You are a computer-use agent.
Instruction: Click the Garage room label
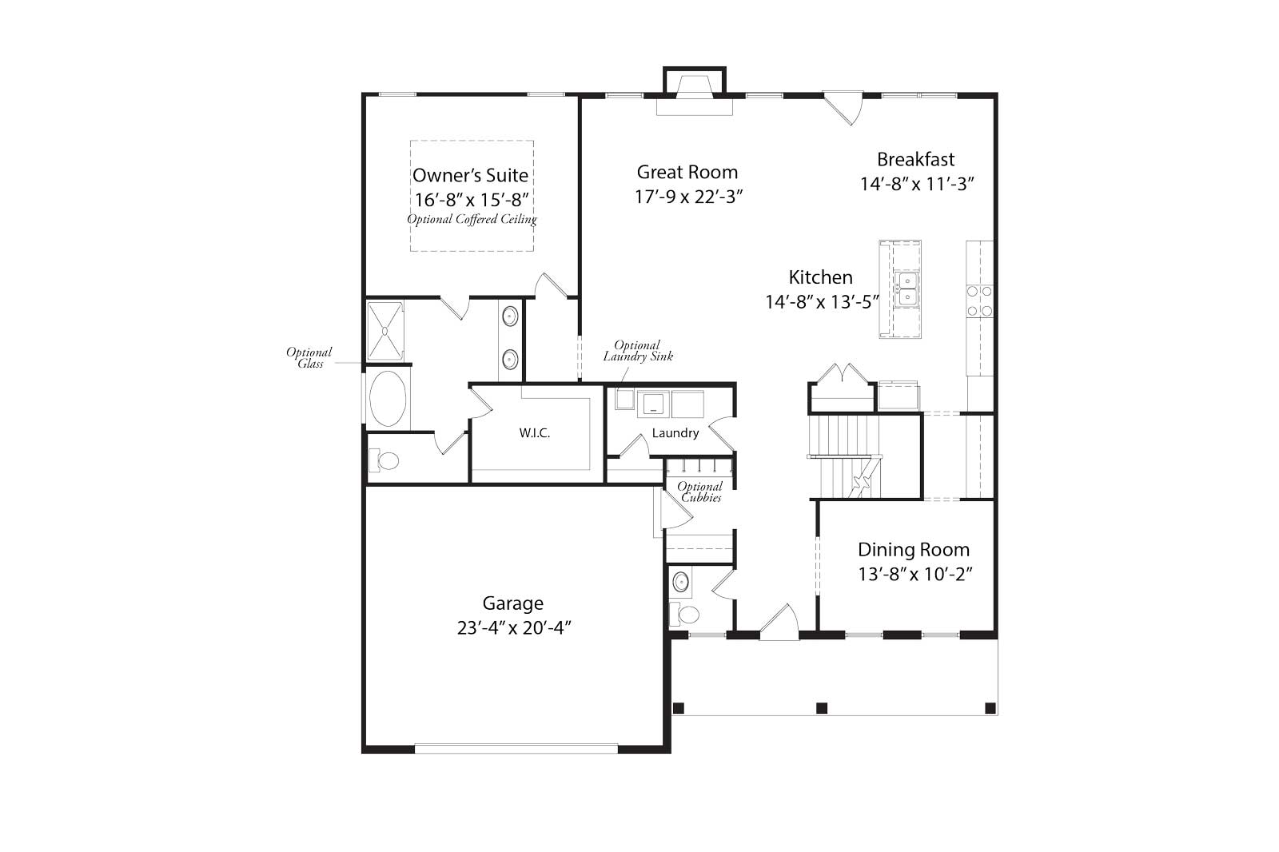pyautogui.click(x=512, y=603)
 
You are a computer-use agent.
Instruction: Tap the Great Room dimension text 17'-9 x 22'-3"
pyautogui.click(x=689, y=197)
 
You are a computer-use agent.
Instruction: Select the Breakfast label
pyautogui.click(x=915, y=159)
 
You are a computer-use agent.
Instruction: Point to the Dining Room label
pyautogui.click(x=914, y=550)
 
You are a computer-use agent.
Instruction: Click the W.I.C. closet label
pyautogui.click(x=534, y=433)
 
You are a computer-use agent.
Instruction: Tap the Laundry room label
pyautogui.click(x=675, y=433)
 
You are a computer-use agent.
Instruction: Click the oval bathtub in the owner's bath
pyautogui.click(x=388, y=398)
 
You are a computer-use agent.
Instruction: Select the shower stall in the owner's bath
pyautogui.click(x=385, y=330)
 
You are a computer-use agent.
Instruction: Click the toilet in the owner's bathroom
pyautogui.click(x=385, y=460)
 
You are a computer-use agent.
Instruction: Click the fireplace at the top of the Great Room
pyautogui.click(x=695, y=95)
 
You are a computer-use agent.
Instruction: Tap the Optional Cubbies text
pyautogui.click(x=700, y=492)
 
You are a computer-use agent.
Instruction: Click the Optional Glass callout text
pyautogui.click(x=309, y=357)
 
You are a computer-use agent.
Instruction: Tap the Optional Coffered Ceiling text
pyautogui.click(x=472, y=219)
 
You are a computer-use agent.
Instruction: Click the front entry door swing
pyautogui.click(x=779, y=623)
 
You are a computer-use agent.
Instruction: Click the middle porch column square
pyautogui.click(x=821, y=707)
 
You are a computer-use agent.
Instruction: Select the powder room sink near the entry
pyautogui.click(x=680, y=581)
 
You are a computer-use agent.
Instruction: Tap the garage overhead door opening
pyautogui.click(x=516, y=749)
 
